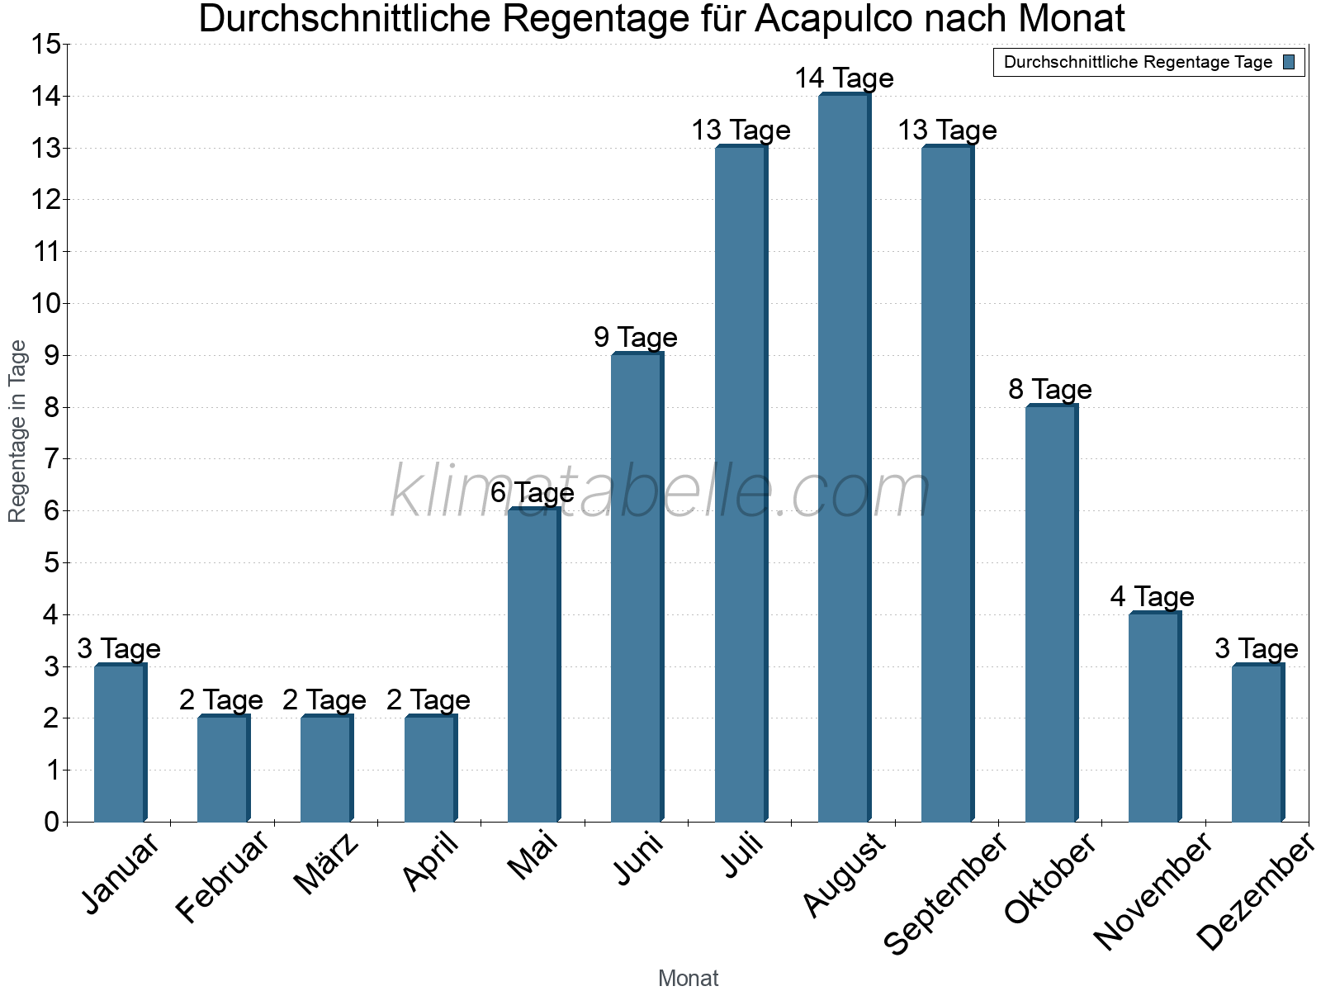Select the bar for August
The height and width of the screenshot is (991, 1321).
[x=843, y=458]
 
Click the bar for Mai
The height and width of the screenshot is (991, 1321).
[x=533, y=665]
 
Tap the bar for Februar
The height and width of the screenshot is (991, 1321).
[x=222, y=769]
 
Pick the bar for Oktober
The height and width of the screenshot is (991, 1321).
[x=1050, y=613]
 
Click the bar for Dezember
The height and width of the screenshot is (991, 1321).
[x=1257, y=743]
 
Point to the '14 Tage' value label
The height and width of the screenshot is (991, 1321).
[x=844, y=78]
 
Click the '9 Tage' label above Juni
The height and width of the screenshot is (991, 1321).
[x=636, y=337]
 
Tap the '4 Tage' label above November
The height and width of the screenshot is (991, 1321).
[x=1153, y=596]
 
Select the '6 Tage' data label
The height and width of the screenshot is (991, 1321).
[x=533, y=493]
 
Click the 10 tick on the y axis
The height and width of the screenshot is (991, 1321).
[x=46, y=303]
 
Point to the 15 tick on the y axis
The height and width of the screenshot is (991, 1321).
[x=46, y=44]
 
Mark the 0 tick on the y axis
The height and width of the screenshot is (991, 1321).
[x=52, y=822]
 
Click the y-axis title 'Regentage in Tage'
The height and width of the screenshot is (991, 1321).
[x=17, y=431]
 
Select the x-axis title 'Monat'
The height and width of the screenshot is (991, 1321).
[x=688, y=979]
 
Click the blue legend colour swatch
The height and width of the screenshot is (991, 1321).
[x=1289, y=62]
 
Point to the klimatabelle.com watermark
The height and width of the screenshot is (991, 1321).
[x=660, y=492]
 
